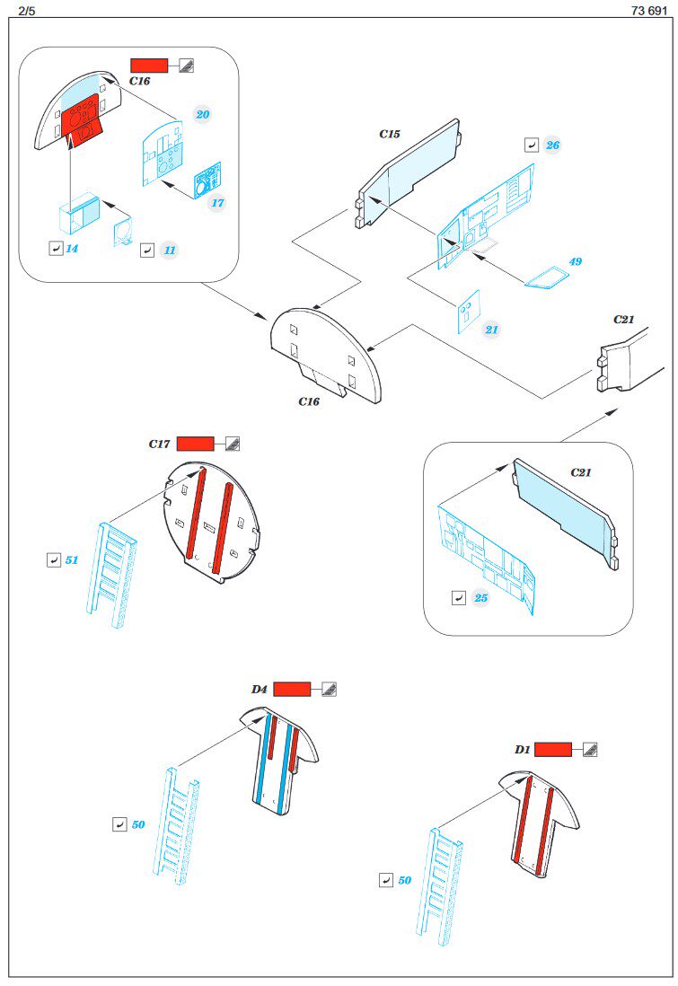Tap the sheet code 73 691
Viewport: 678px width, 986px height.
point(647,10)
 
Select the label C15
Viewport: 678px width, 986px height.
point(389,134)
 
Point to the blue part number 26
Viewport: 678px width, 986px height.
point(552,145)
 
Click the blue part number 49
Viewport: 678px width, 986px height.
point(576,262)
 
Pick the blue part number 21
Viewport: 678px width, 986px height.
point(491,330)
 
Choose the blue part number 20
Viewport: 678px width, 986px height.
point(203,115)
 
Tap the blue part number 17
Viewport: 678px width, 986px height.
point(217,203)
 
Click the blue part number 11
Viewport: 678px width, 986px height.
point(169,251)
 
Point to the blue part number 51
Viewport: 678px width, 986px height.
point(72,560)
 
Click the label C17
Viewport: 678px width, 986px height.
point(160,444)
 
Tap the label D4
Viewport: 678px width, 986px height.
point(260,690)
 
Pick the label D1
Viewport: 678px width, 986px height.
point(522,749)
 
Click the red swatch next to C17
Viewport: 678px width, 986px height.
point(196,444)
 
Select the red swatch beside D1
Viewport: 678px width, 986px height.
point(553,749)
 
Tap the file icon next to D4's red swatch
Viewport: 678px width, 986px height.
point(329,690)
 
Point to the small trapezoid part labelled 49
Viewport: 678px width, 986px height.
point(542,280)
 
